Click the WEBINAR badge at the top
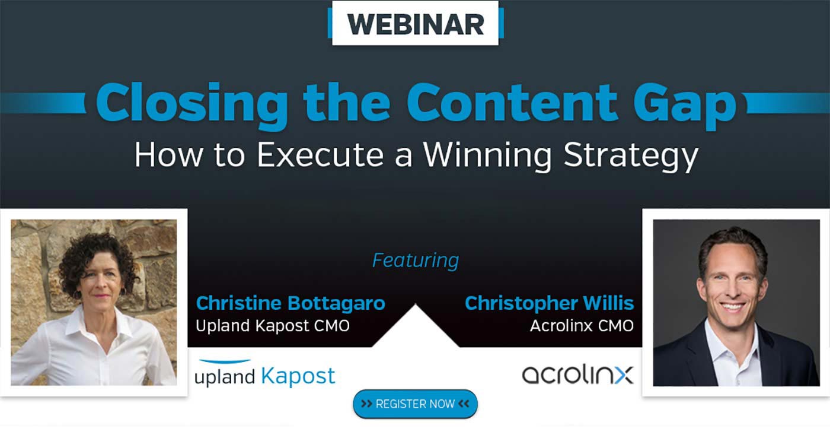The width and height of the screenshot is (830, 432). point(416,23)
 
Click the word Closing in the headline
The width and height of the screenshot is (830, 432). point(191,105)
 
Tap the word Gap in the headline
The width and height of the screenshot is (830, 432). point(684,105)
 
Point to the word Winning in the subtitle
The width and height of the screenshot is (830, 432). point(487,155)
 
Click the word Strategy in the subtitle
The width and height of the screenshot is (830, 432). point(631,155)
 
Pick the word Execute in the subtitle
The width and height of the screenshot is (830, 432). point(320,154)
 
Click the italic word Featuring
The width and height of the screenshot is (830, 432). point(416,261)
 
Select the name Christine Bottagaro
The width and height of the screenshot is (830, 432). point(290,303)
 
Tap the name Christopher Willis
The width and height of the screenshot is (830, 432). point(549,304)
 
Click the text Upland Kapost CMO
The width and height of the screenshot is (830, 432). point(273,326)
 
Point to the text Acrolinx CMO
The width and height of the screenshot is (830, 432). point(582,326)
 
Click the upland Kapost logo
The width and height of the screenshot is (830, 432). point(265,374)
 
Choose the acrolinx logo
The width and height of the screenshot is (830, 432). point(577,374)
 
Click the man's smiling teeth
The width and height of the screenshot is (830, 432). point(732,307)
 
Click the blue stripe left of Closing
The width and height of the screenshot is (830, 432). point(43,103)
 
